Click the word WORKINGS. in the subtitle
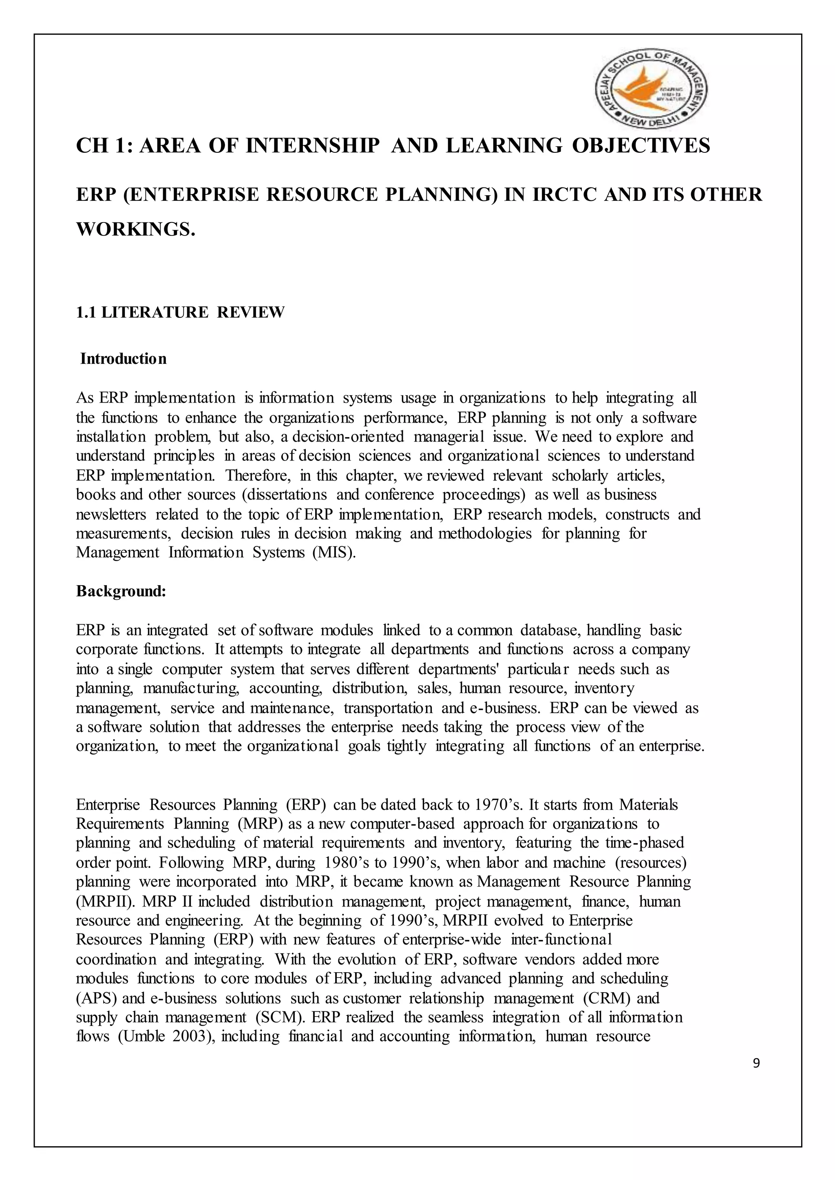pos(136,229)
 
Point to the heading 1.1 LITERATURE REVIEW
pos(180,312)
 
